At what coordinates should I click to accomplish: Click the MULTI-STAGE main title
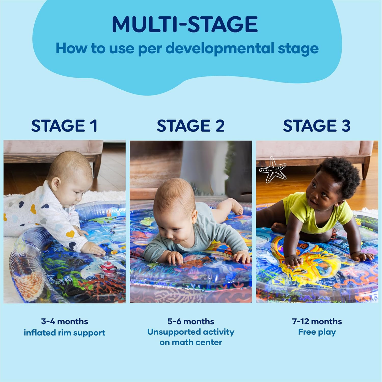[185, 24]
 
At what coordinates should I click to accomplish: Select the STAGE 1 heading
[64, 126]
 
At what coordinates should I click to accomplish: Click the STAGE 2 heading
[190, 126]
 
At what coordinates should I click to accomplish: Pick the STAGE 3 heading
[317, 126]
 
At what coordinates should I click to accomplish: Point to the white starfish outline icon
[272, 170]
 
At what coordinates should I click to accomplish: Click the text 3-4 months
[64, 321]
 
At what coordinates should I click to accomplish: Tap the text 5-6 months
[190, 321]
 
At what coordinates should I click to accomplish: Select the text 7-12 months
[317, 321]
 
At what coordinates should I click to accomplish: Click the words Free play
[317, 332]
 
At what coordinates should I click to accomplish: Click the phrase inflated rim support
[64, 333]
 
